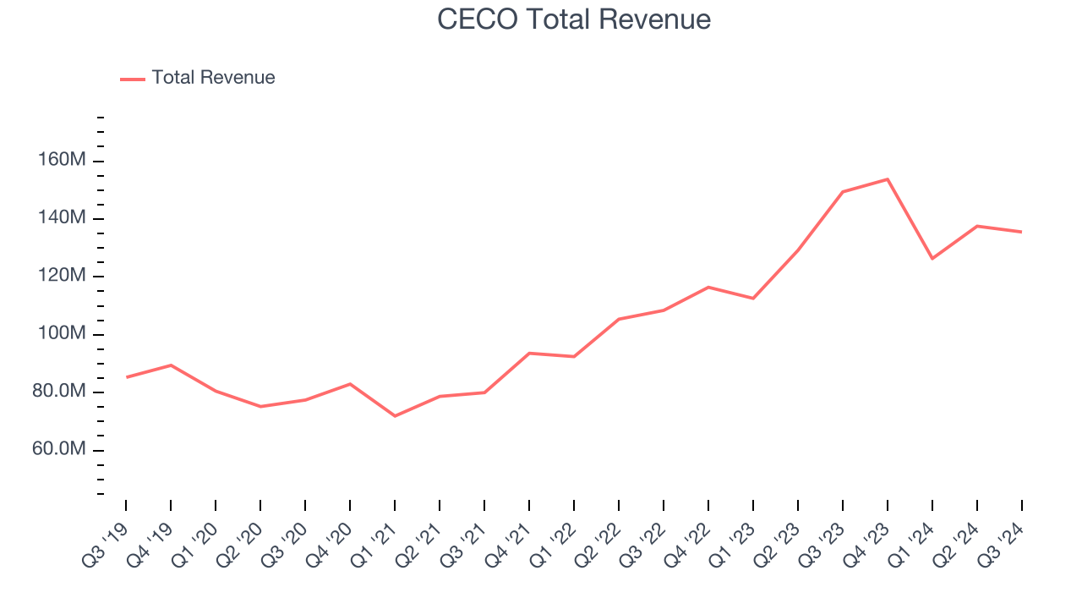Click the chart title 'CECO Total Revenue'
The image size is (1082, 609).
coord(574,19)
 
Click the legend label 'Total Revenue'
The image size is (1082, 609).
coord(213,78)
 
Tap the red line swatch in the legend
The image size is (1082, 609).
coord(133,79)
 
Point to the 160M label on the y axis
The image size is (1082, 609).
coord(60,161)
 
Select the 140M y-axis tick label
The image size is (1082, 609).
coord(60,218)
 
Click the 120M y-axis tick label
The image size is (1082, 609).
coord(60,276)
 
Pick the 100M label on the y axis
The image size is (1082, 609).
coord(60,334)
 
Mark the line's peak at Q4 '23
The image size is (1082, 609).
coord(888,179)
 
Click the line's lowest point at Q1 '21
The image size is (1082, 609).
coord(395,416)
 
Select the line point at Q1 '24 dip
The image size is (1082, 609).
coord(932,259)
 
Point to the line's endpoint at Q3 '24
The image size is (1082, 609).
coord(1021,232)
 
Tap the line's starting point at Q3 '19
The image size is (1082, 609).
coord(127,377)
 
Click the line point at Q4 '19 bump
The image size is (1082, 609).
coord(172,365)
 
